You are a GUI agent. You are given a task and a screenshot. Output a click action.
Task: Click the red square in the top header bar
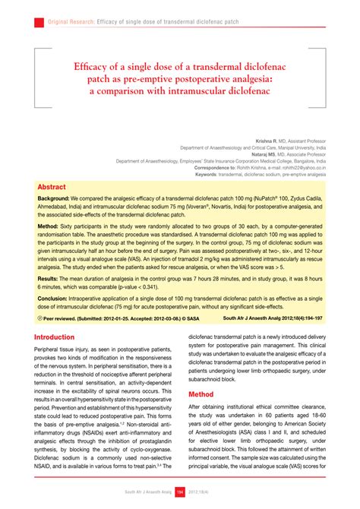(x=39, y=23)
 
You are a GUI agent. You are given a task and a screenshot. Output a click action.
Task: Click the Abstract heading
(x=51, y=187)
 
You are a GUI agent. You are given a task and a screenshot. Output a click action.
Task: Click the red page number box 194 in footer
(x=181, y=492)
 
